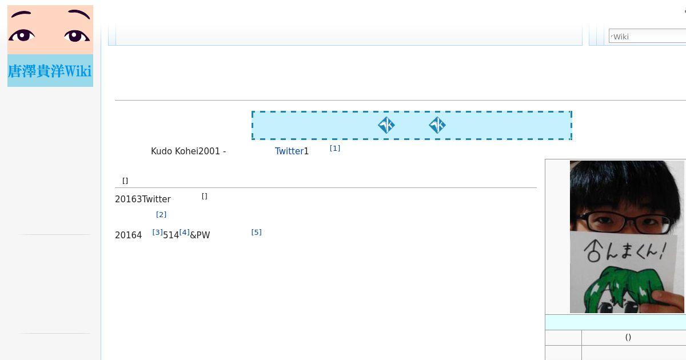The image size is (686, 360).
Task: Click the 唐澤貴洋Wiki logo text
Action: click(x=50, y=71)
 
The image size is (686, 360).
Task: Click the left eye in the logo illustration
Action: click(x=22, y=35)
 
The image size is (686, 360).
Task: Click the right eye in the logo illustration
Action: click(x=77, y=36)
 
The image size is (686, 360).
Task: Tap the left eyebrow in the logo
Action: click(x=21, y=14)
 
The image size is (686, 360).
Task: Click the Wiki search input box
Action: click(x=647, y=36)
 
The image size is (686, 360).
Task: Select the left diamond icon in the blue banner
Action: click(x=386, y=125)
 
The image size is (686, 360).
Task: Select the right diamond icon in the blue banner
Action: click(x=437, y=125)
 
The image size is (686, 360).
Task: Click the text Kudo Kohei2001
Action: click(x=185, y=151)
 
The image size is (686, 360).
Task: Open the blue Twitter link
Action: click(x=289, y=151)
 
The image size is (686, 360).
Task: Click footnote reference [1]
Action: click(x=335, y=149)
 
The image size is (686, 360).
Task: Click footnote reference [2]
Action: click(x=161, y=215)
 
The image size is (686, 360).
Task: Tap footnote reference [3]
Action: click(x=157, y=233)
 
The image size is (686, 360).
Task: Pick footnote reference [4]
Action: click(x=184, y=233)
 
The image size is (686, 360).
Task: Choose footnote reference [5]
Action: click(x=256, y=233)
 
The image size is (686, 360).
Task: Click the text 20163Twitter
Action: click(x=143, y=199)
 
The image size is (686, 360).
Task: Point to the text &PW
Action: click(x=200, y=235)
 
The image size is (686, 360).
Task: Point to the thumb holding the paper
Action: click(x=668, y=301)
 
